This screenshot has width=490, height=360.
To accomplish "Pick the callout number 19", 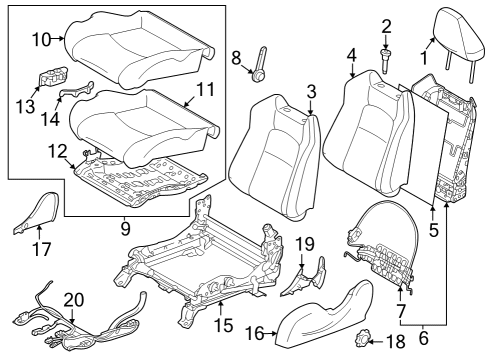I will point(306,242).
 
